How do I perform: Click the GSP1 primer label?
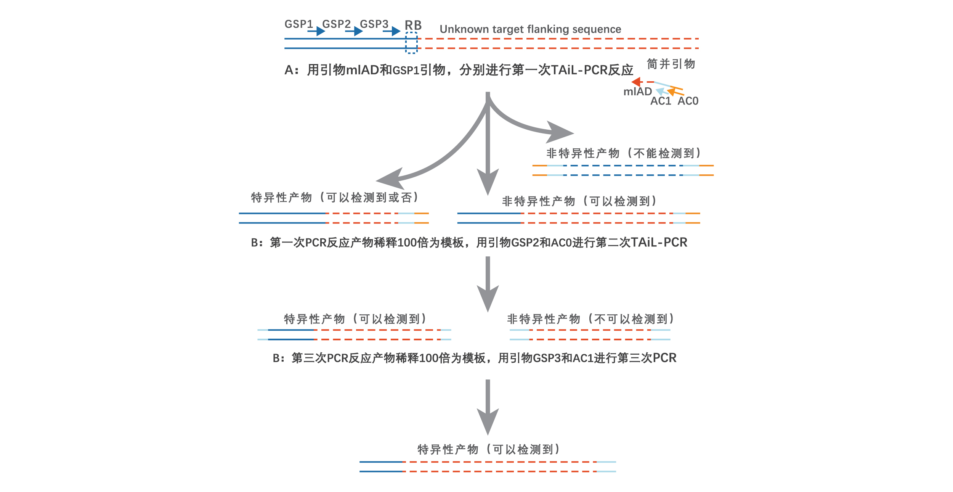pyautogui.click(x=298, y=24)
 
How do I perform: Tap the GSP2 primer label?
pyautogui.click(x=336, y=24)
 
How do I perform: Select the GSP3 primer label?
pyautogui.click(x=374, y=24)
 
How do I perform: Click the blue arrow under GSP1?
pyautogui.click(x=316, y=31)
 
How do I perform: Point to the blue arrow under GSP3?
pyautogui.click(x=392, y=31)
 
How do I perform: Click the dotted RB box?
pyautogui.click(x=411, y=43)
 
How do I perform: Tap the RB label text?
pyautogui.click(x=413, y=25)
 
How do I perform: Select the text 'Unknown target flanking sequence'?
pyautogui.click(x=530, y=29)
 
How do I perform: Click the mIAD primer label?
pyautogui.click(x=637, y=92)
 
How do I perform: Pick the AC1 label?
pyautogui.click(x=661, y=101)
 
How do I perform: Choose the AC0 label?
pyautogui.click(x=688, y=101)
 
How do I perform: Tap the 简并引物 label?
pyautogui.click(x=671, y=64)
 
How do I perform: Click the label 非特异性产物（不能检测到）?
pyautogui.click(x=624, y=153)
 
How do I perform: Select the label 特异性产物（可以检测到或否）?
pyautogui.click(x=335, y=198)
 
